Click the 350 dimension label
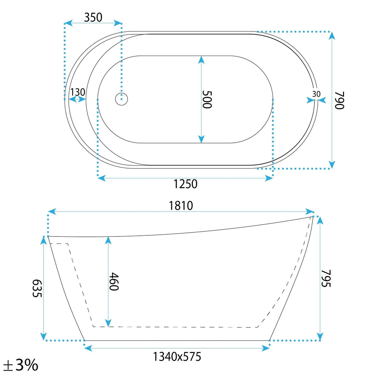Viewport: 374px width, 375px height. tap(93, 18)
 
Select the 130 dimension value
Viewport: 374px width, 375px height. tap(78, 92)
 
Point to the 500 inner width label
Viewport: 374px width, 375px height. tap(207, 99)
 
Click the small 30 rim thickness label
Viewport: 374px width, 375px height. tap(316, 94)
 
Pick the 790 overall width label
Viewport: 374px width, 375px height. tap(339, 100)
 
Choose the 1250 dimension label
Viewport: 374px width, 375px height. tap(185, 184)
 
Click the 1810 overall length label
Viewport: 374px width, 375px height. tap(181, 206)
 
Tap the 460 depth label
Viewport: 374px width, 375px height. tap(114, 281)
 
